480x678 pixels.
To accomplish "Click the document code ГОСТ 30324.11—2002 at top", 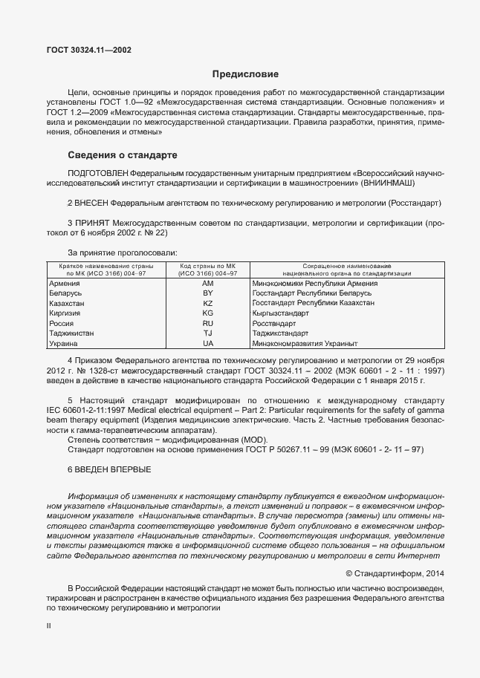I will pyautogui.click(x=90, y=50).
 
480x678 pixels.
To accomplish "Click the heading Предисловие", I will pyautogui.click(x=245, y=74).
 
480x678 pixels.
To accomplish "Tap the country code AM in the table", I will pyautogui.click(x=207, y=284).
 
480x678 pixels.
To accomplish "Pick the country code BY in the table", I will pyautogui.click(x=207, y=294).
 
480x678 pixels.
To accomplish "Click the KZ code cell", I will pyautogui.click(x=207, y=304).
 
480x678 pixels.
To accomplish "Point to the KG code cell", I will pyautogui.click(x=207, y=314).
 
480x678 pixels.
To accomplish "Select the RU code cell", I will pyautogui.click(x=207, y=324).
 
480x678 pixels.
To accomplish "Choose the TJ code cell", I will pyautogui.click(x=207, y=334).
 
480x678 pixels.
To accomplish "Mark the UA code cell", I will pyautogui.click(x=207, y=344).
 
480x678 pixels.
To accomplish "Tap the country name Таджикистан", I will pyautogui.click(x=71, y=334).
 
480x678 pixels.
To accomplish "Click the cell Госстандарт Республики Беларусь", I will pyautogui.click(x=312, y=294).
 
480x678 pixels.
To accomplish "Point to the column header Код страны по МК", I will pyautogui.click(x=207, y=265).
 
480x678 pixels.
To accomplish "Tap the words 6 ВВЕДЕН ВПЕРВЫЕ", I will pyautogui.click(x=109, y=469).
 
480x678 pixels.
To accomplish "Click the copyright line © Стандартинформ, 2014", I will pyautogui.click(x=395, y=573).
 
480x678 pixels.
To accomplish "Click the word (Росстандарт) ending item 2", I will pyautogui.click(x=413, y=202).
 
